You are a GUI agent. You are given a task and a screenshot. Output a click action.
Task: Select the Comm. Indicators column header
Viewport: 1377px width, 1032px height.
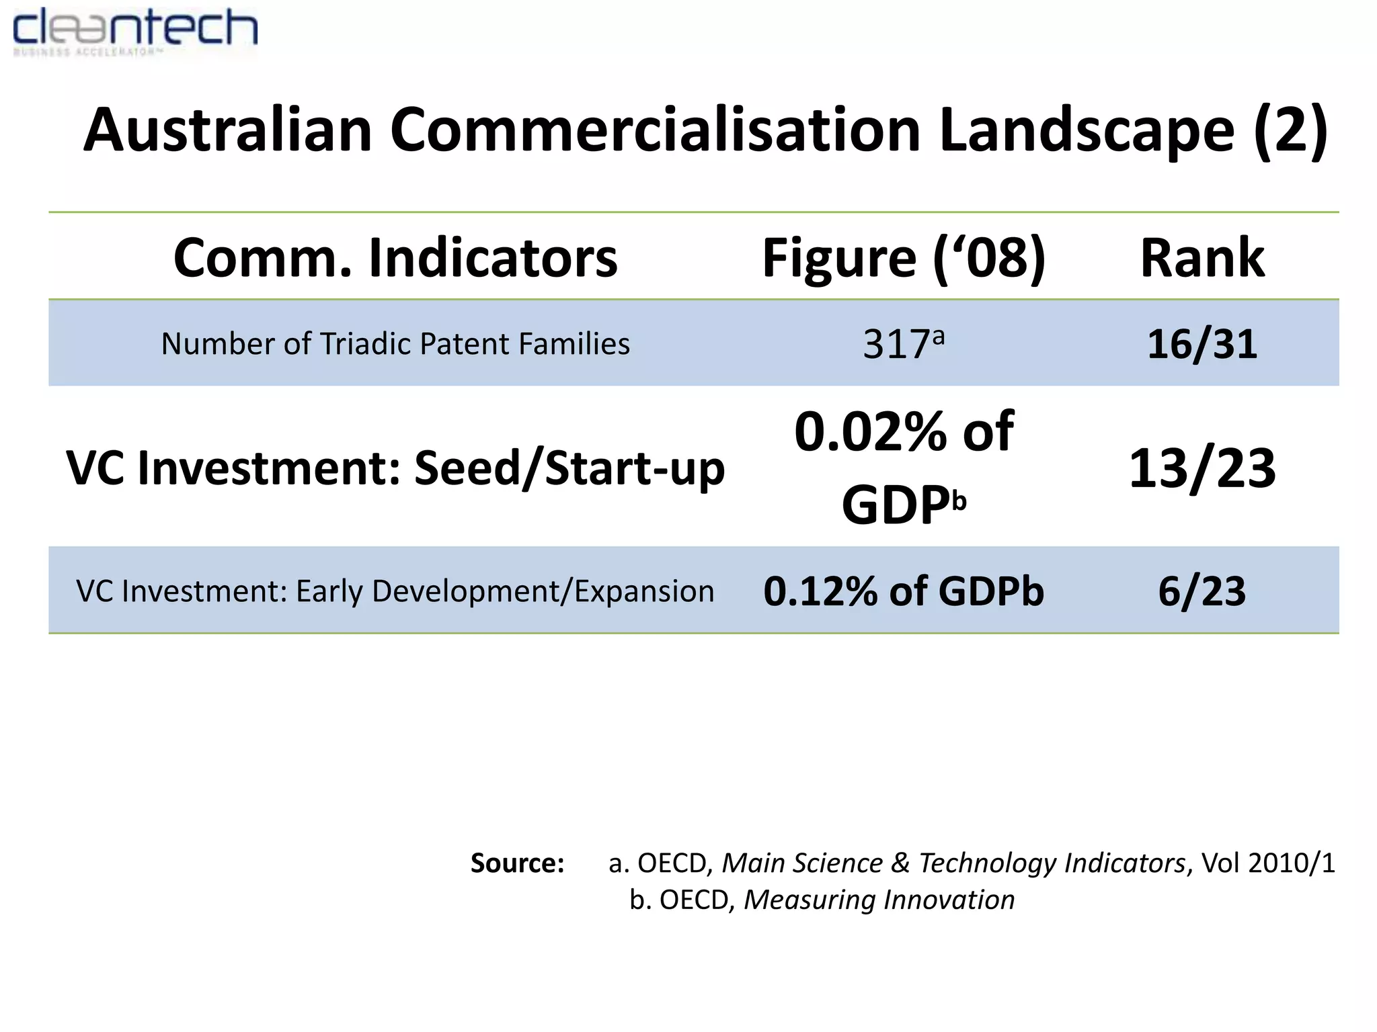point(395,258)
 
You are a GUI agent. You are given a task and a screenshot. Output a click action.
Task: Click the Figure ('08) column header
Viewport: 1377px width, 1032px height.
point(904,258)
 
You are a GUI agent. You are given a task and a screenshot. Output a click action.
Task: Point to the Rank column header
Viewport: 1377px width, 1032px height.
point(1202,258)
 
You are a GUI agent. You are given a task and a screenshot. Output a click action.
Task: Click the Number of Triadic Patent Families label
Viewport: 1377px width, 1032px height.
point(395,344)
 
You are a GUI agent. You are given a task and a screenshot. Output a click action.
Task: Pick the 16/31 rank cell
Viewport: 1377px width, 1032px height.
point(1202,344)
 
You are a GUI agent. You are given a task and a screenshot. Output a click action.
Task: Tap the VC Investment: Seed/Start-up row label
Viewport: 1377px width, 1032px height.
point(395,468)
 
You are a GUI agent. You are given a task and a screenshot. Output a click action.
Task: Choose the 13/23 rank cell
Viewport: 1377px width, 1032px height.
point(1202,468)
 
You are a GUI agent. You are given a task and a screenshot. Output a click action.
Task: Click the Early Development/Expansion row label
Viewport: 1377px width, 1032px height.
point(504,591)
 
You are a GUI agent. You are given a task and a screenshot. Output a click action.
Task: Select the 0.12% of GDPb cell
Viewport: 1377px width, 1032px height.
point(904,591)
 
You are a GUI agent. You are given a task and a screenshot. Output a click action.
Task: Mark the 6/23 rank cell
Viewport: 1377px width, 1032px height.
point(1202,591)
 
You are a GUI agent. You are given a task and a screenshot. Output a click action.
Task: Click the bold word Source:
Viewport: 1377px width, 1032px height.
point(517,863)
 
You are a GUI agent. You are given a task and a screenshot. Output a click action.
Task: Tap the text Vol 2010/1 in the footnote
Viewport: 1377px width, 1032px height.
point(1268,863)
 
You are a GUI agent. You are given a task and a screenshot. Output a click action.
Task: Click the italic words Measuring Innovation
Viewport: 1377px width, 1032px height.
point(879,900)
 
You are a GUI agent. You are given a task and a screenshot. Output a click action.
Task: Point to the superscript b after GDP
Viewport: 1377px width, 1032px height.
point(959,501)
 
